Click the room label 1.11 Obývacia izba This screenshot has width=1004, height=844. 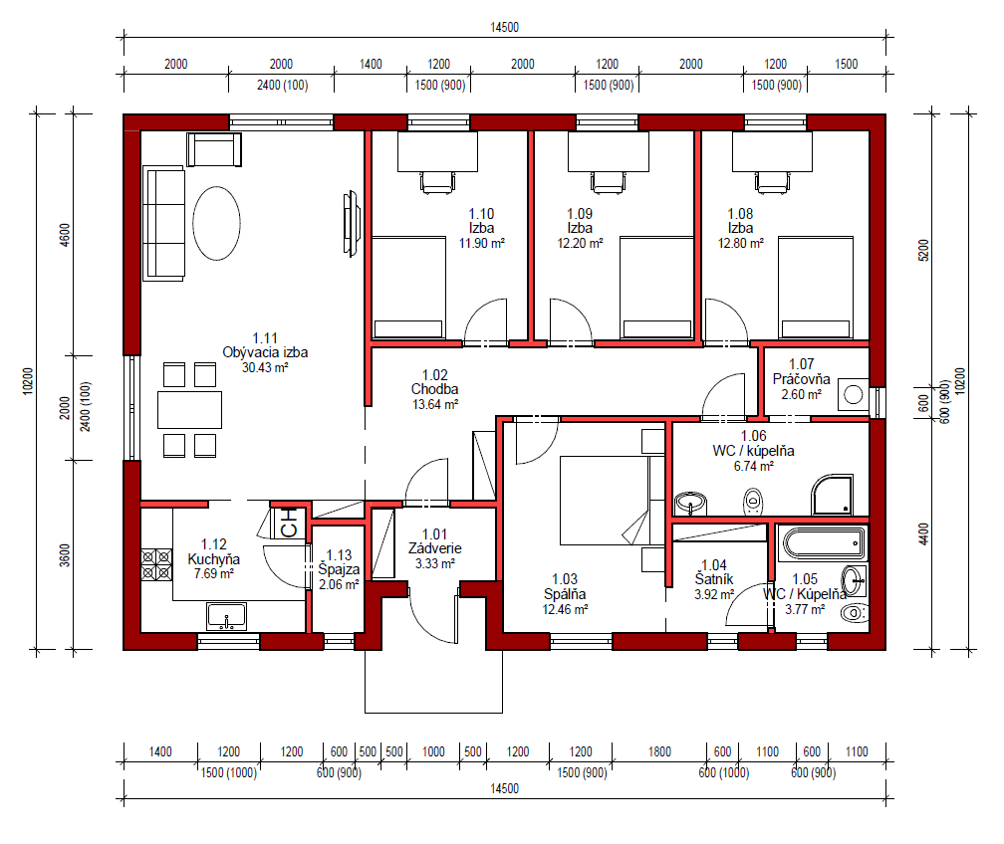(265, 345)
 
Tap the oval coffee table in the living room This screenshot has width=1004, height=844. (216, 223)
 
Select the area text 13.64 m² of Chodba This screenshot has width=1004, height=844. (435, 404)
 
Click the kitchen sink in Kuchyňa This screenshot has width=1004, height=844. (226, 616)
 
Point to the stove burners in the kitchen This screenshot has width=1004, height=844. (156, 565)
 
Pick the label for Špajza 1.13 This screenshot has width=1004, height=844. (339, 562)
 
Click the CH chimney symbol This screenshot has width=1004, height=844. (289, 523)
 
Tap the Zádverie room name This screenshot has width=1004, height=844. (434, 548)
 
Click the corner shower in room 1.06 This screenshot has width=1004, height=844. (833, 494)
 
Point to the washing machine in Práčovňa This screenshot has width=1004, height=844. (853, 394)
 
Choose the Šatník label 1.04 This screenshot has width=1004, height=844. (714, 572)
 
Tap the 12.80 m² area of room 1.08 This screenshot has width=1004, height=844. (741, 243)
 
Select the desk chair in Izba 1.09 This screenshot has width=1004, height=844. (609, 182)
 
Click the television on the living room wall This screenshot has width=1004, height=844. (351, 224)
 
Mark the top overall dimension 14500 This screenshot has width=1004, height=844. (505, 27)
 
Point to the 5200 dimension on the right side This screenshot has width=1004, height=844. (923, 250)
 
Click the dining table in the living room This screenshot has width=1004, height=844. (189, 409)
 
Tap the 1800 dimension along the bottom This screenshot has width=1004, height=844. (659, 751)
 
